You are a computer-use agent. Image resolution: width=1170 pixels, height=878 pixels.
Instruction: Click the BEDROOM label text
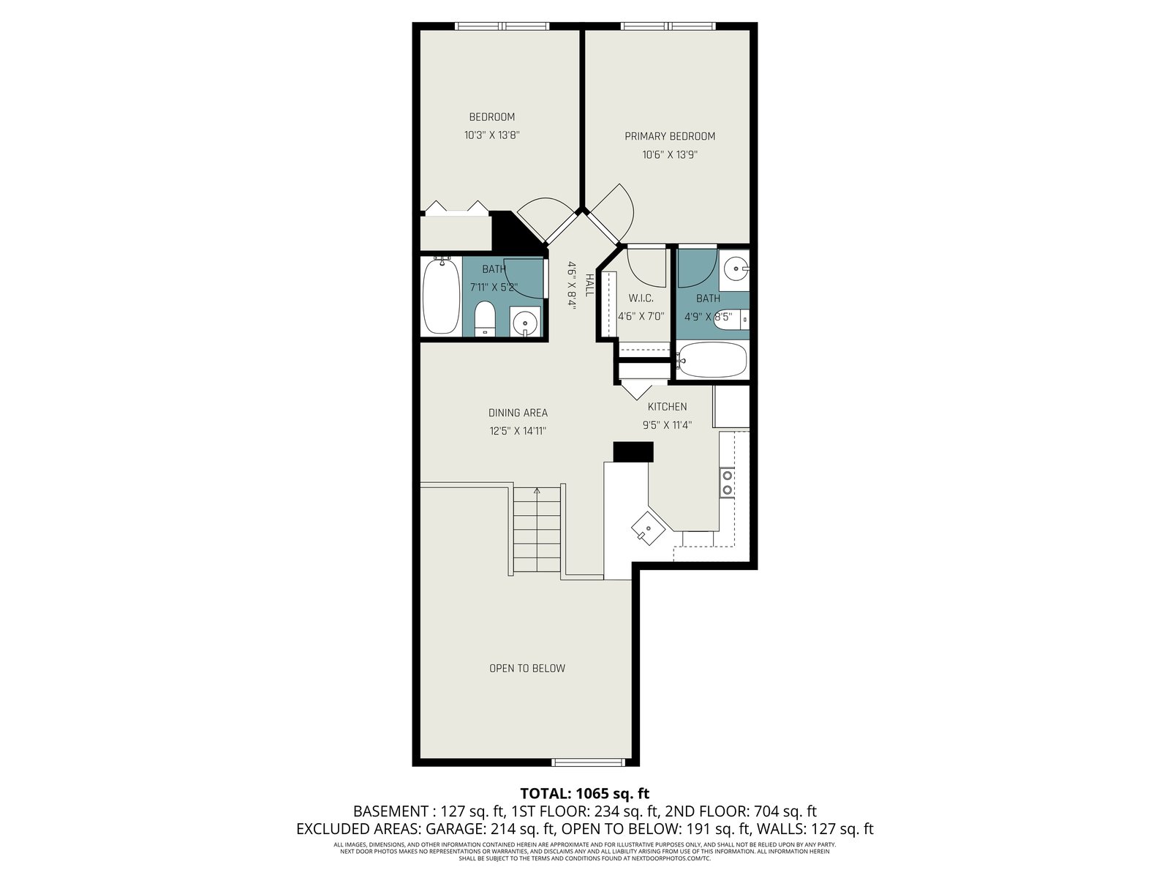491,117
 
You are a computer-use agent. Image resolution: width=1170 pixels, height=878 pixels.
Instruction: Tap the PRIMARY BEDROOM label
670,136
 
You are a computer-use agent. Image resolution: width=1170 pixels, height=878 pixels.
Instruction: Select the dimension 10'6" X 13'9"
670,155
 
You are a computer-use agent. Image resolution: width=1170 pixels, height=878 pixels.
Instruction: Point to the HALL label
589,285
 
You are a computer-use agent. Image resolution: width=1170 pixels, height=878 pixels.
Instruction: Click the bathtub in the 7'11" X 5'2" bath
441,296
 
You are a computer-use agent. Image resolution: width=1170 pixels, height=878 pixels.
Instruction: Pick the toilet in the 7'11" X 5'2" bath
485,319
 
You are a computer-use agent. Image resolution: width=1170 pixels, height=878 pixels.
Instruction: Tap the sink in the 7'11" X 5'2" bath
525,322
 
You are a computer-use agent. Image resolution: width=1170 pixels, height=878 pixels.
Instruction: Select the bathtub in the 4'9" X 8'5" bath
712,359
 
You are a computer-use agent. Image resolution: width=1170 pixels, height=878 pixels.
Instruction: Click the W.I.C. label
641,298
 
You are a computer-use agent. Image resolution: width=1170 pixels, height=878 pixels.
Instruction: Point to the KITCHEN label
667,407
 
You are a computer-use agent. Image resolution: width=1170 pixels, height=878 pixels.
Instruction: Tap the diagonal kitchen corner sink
648,528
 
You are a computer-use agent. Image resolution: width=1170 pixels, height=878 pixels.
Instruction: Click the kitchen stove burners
727,482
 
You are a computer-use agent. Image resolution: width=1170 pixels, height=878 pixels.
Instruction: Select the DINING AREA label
518,413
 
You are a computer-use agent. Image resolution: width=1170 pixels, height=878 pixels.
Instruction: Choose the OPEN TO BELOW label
527,669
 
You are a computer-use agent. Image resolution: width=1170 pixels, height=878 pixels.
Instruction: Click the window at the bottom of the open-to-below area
587,762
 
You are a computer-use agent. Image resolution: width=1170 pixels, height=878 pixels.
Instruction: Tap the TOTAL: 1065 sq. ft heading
585,794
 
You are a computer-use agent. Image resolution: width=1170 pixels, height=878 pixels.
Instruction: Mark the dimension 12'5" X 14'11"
518,431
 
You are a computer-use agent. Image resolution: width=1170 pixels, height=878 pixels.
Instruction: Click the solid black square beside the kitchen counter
633,451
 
